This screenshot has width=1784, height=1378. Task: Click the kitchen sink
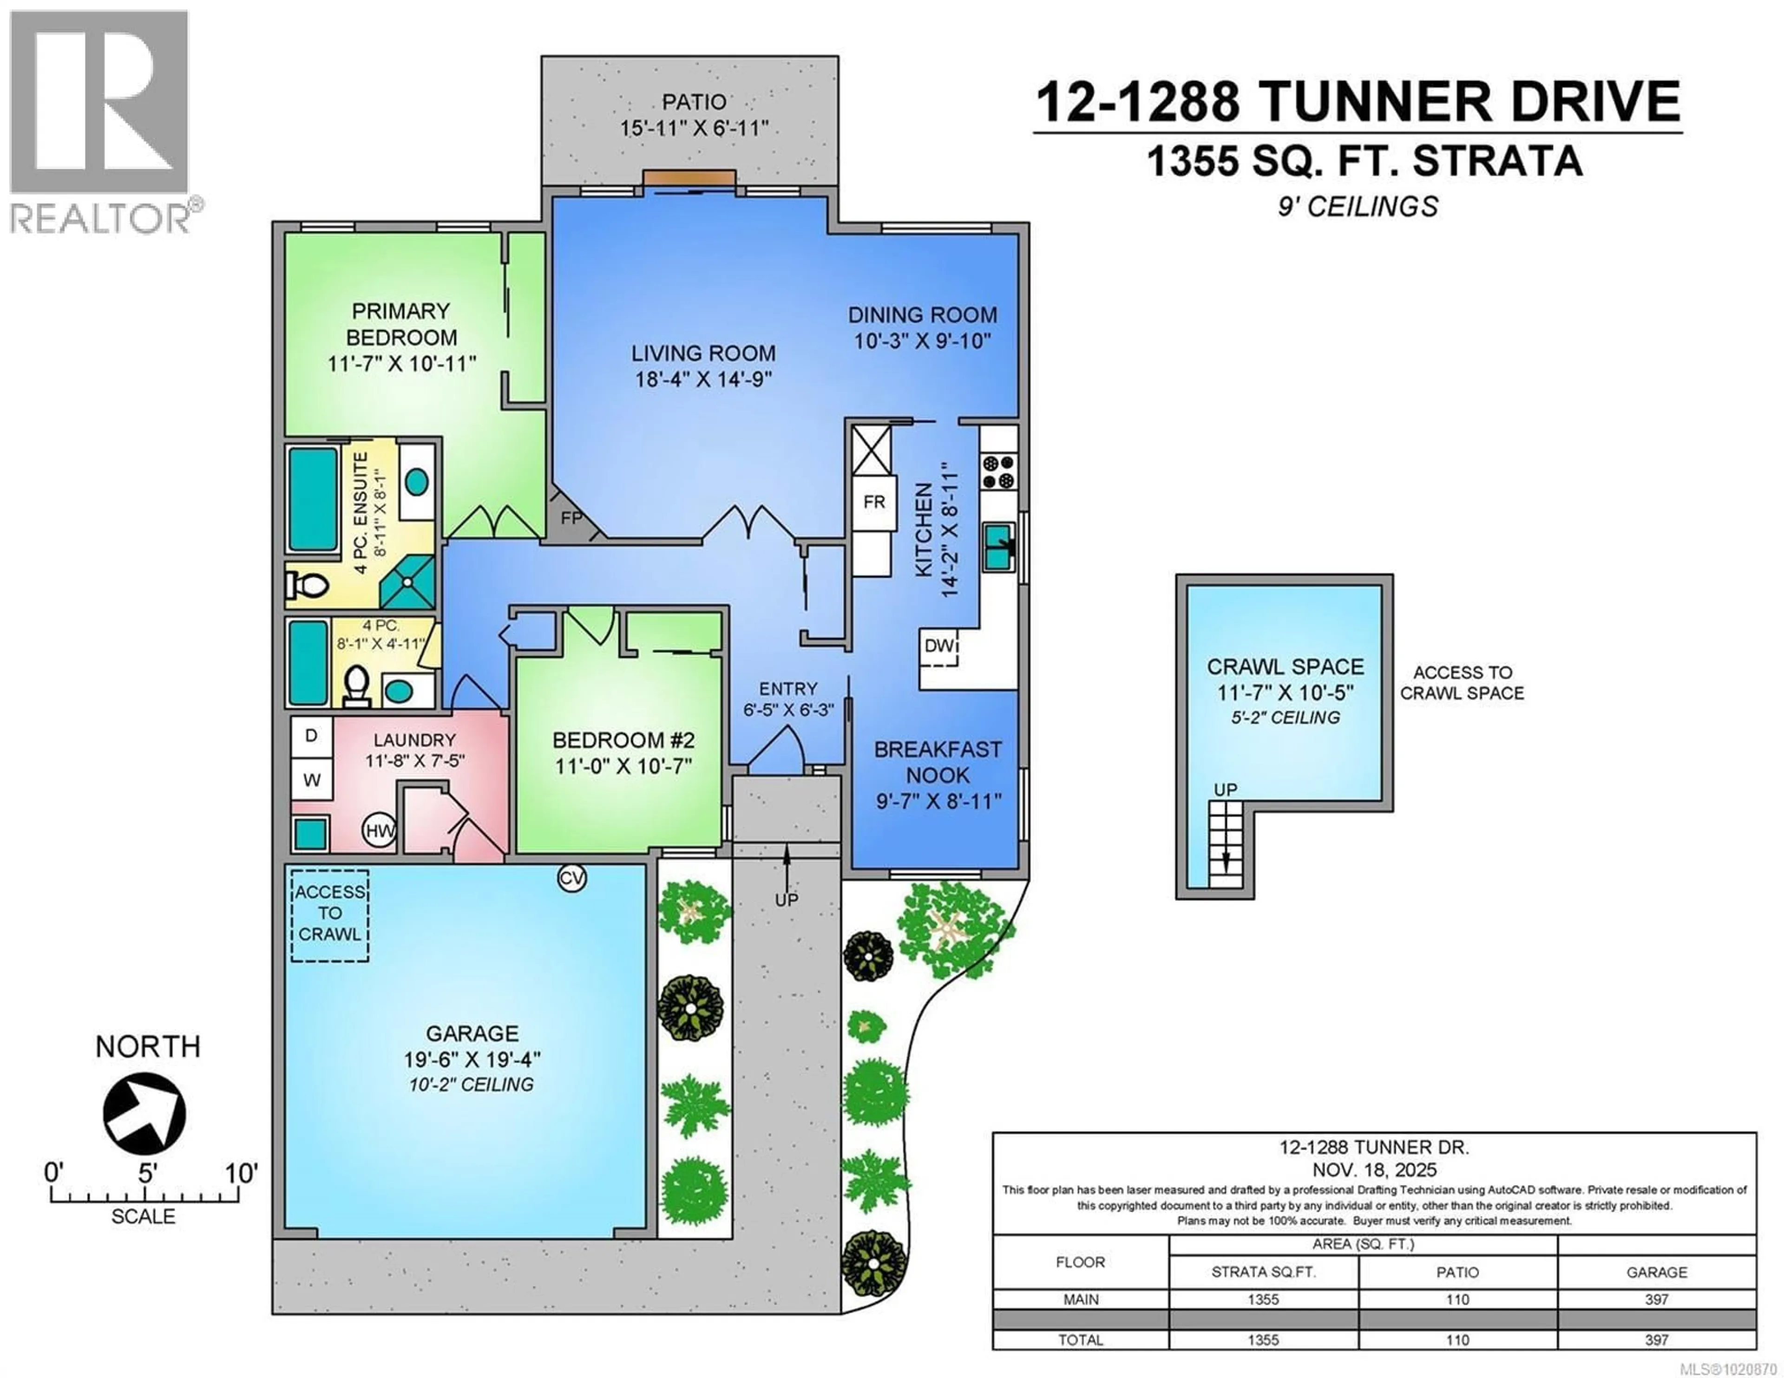pos(999,547)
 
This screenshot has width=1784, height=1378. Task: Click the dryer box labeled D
pos(311,735)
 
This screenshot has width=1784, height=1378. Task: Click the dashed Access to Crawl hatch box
pos(330,914)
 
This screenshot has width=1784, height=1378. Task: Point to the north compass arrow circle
pos(144,1113)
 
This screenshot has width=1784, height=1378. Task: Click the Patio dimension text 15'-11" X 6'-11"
pos(694,128)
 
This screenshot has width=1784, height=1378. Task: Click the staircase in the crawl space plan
pos(1225,843)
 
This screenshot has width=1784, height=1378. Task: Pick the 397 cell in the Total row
pos(1656,1339)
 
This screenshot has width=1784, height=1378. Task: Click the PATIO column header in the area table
pos(1457,1272)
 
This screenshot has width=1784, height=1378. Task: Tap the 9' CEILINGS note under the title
pos(1358,207)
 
